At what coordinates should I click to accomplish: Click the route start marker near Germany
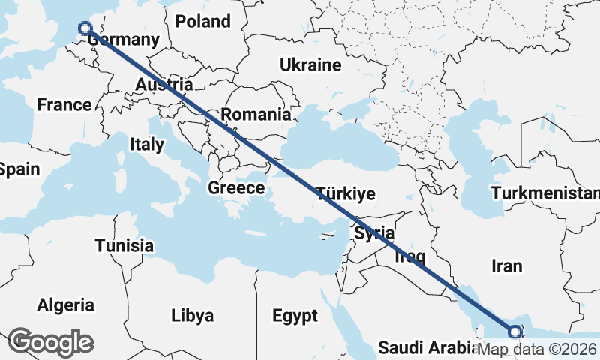pos(85,28)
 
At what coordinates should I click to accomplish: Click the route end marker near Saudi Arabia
pos(514,331)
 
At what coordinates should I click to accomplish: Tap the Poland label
pos(202,21)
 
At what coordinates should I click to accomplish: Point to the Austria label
pos(163,85)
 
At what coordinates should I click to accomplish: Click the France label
pos(64,104)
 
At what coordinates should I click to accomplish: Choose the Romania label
pos(256,115)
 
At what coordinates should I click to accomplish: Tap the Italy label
pos(146,144)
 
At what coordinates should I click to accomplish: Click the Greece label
pos(236,187)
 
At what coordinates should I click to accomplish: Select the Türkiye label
pos(345,193)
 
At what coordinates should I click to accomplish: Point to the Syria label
pos(374,233)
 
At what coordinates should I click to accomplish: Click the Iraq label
pos(410,256)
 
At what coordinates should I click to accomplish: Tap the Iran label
pos(506,265)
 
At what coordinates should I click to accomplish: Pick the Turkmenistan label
pos(545,193)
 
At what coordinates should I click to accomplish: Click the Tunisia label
pos(124,245)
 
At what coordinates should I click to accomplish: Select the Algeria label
pos(66,304)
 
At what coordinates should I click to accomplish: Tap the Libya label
pos(193,313)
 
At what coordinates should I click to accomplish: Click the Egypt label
pos(295,315)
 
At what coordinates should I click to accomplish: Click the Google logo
pos(50,342)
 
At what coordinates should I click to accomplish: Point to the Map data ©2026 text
pos(537,349)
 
